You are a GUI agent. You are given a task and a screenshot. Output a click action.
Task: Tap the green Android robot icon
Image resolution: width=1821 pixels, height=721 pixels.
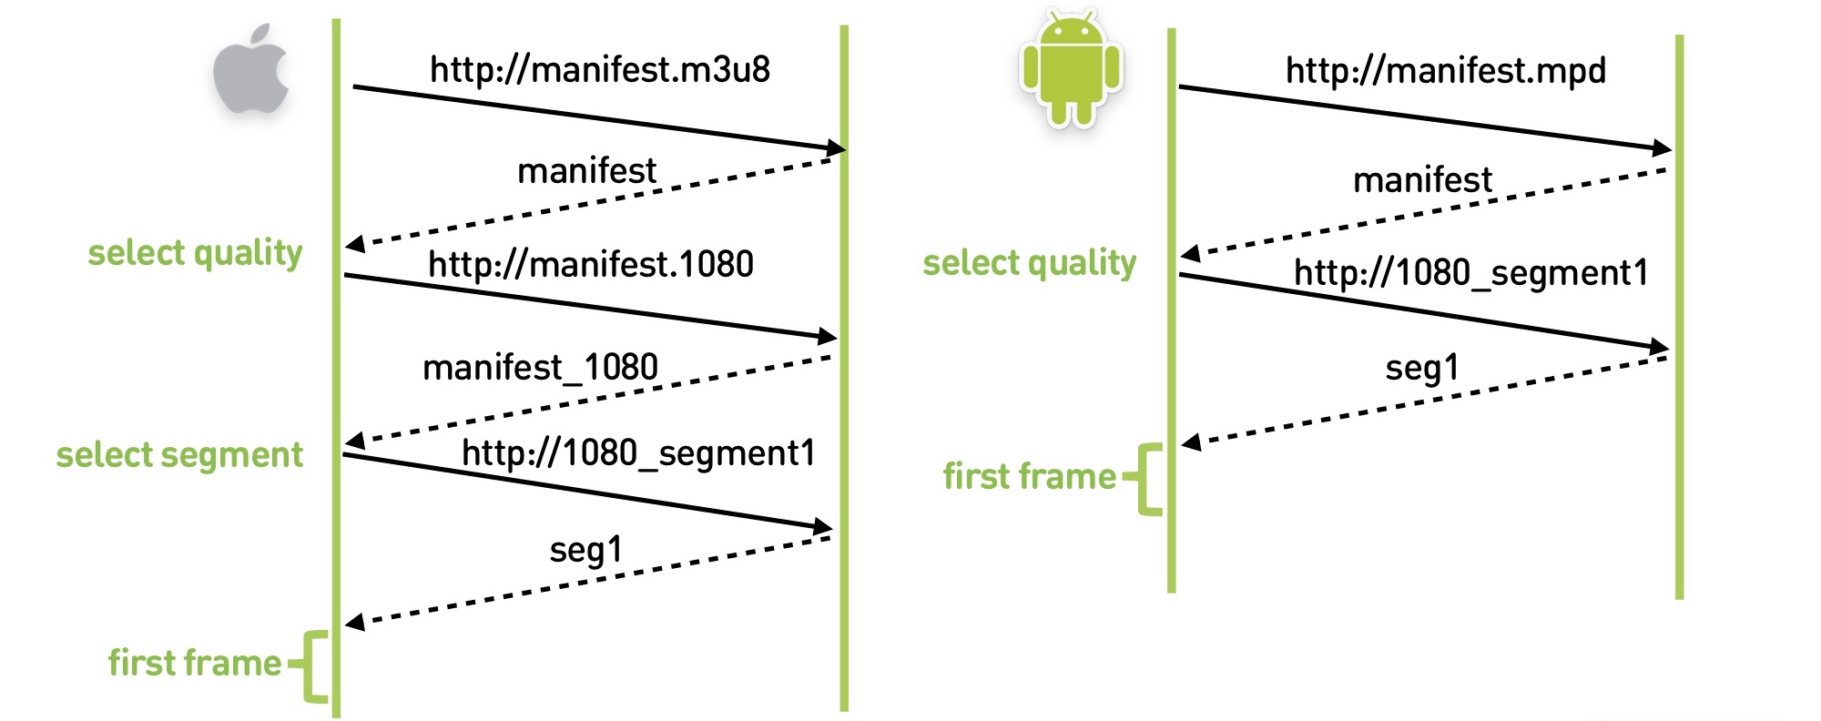pos(1072,69)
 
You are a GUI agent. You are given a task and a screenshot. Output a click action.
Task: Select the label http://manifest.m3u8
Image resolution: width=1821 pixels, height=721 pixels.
pos(600,69)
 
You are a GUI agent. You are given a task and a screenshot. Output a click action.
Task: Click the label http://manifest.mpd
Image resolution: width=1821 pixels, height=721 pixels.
pos(1446,71)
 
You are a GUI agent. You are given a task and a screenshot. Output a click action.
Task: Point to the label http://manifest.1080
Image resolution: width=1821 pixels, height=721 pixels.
pos(591,264)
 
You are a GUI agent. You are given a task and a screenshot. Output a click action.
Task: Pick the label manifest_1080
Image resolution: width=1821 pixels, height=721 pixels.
pos(540,367)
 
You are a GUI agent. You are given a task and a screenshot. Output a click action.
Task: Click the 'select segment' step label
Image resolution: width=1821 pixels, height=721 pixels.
pos(179,455)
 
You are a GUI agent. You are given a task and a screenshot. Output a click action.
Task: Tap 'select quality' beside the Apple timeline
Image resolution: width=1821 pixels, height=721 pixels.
pos(195,253)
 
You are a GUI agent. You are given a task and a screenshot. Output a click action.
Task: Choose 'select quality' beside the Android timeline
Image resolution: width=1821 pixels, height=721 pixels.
pos(1030,263)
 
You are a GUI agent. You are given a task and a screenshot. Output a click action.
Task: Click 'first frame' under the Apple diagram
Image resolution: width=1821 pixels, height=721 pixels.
pos(195,663)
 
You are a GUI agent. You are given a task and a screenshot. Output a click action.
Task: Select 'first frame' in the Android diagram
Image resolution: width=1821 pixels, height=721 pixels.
pos(1030,476)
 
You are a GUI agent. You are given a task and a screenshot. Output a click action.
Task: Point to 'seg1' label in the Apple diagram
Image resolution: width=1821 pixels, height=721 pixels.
pos(586,550)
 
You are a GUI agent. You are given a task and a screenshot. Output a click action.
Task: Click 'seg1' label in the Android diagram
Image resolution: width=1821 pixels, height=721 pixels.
pos(1422,368)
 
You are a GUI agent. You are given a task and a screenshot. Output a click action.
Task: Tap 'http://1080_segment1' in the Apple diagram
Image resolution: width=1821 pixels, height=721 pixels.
pos(638,452)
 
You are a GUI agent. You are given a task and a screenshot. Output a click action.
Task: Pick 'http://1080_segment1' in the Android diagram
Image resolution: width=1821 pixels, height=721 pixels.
pos(1471,272)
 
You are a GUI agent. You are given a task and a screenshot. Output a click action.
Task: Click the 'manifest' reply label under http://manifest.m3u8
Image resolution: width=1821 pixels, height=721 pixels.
pos(586,170)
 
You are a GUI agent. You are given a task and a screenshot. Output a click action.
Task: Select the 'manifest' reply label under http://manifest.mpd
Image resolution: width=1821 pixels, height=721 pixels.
pos(1422,179)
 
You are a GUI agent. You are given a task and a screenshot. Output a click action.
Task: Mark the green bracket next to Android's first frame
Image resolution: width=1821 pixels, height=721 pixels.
pos(1144,480)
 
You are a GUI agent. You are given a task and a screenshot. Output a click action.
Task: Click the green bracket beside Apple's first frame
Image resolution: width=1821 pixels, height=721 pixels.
pos(310,666)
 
